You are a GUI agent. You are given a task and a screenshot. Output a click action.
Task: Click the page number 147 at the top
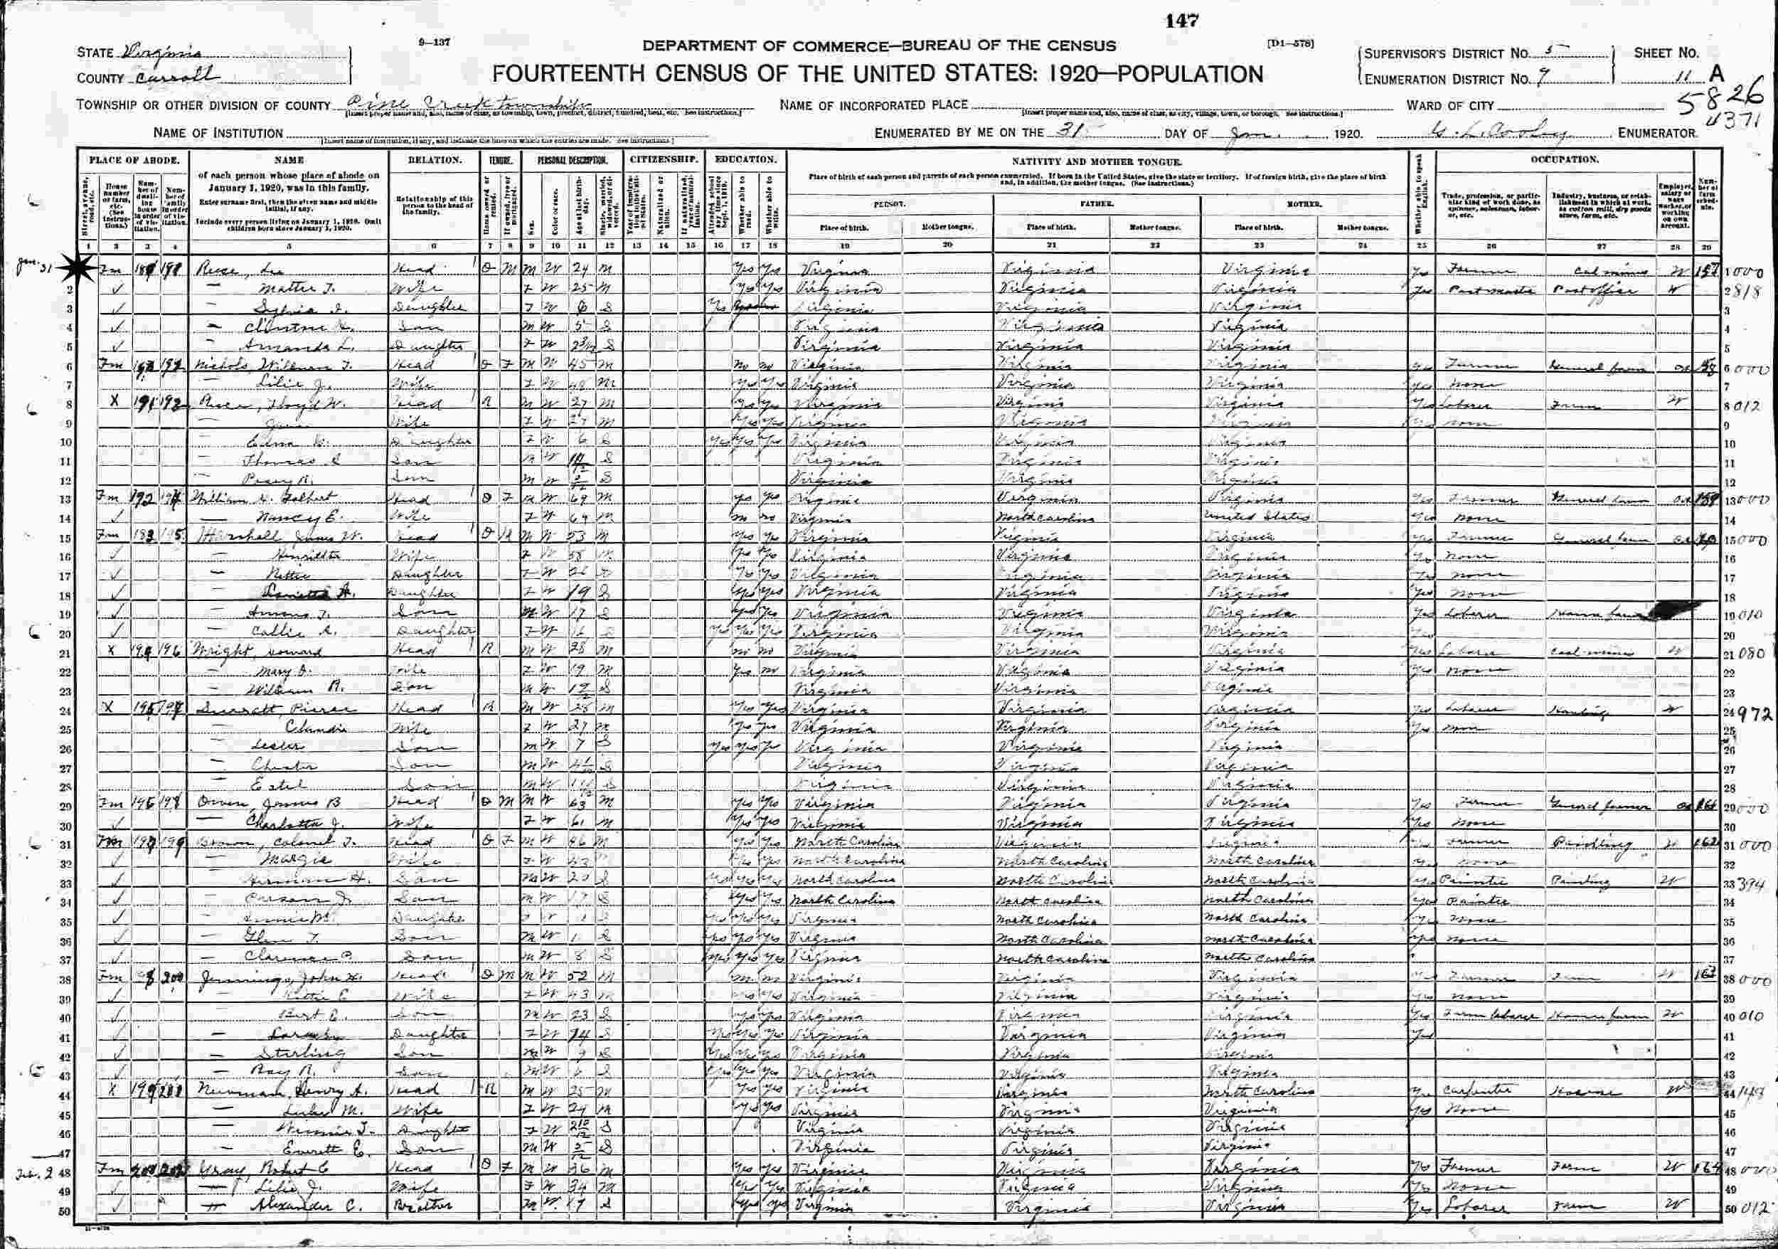pyautogui.click(x=1184, y=21)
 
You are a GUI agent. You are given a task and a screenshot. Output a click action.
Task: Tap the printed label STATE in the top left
pyautogui.click(x=95, y=53)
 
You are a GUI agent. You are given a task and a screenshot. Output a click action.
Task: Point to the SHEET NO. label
pyautogui.click(x=1666, y=53)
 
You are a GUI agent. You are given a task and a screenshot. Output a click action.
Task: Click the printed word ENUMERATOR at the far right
pyautogui.click(x=1657, y=133)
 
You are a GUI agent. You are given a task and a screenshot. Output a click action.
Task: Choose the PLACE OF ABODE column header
pyautogui.click(x=134, y=159)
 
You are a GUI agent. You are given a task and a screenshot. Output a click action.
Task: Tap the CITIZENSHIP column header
pyautogui.click(x=664, y=159)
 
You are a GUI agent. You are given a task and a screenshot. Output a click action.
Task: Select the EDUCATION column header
pyautogui.click(x=746, y=159)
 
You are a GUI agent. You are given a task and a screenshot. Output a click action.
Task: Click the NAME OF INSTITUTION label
pyautogui.click(x=218, y=133)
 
